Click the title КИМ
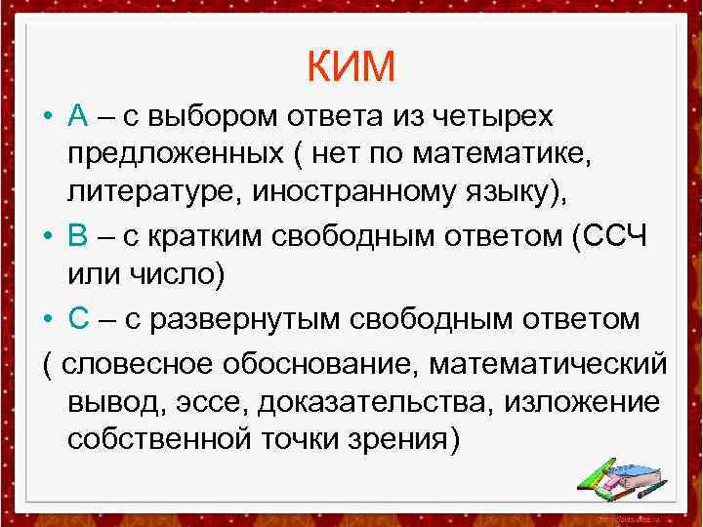click(x=351, y=66)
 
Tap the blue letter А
click(x=79, y=117)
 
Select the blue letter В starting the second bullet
click(x=79, y=237)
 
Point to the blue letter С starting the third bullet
click(x=79, y=319)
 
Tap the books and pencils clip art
click(x=620, y=477)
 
